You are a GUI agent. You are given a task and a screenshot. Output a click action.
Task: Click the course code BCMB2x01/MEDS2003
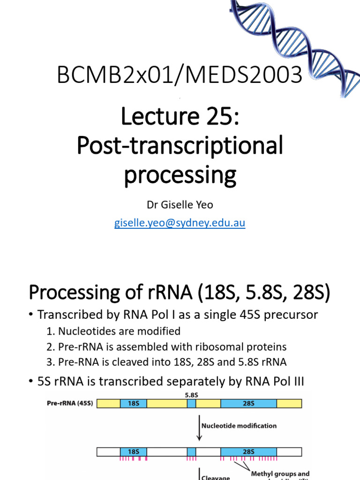click(x=180, y=75)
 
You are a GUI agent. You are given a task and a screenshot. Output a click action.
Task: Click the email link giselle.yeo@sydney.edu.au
click(x=180, y=223)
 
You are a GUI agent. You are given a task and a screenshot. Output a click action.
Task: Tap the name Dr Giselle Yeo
click(x=180, y=205)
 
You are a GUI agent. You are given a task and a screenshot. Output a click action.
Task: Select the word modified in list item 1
click(x=158, y=331)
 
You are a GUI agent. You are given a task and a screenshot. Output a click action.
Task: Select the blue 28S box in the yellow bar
click(x=248, y=403)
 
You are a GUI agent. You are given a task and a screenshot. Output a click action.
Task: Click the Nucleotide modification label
click(x=239, y=426)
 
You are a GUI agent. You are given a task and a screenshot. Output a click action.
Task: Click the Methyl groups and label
click(x=280, y=474)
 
